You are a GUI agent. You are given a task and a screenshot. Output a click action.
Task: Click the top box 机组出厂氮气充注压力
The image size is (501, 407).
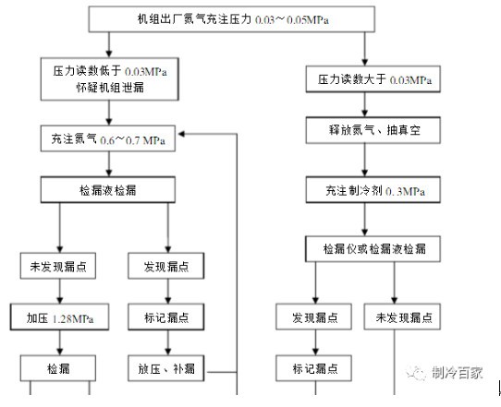pos(232,19)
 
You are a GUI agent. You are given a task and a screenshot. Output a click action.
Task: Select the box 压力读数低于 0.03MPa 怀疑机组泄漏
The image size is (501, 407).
pos(110,79)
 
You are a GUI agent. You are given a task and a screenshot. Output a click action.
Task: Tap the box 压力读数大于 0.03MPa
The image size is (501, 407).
pos(373,79)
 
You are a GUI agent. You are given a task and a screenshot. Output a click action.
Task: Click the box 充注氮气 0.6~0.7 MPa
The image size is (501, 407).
pos(108,138)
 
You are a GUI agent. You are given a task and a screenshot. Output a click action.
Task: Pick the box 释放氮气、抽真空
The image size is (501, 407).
pos(373,130)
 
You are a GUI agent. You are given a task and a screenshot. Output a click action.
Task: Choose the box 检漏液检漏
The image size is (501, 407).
pos(108,190)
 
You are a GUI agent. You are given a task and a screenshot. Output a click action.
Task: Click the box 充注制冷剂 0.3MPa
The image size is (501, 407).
pos(373,190)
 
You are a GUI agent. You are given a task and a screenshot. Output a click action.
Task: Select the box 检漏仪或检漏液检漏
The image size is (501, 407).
pos(373,249)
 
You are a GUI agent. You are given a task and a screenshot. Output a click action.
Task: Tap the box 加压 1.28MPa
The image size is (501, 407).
pos(59,317)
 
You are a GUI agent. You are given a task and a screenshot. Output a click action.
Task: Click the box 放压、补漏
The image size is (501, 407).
pos(166,368)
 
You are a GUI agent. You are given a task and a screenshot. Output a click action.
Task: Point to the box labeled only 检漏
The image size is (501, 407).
pos(58,368)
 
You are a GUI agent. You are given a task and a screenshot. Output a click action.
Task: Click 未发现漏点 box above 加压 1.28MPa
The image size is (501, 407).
pos(58,266)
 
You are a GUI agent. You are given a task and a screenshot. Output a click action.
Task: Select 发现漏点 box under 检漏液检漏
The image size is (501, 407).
pos(166,266)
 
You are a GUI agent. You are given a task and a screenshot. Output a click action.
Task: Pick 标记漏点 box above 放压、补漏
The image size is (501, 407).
pos(166,317)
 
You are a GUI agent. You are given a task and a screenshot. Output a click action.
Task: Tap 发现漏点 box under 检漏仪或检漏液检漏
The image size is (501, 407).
pos(313,317)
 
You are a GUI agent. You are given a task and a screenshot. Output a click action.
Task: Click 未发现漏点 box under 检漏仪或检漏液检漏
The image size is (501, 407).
pos(402,317)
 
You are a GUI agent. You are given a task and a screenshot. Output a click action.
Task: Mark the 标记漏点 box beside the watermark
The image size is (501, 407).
pos(313,368)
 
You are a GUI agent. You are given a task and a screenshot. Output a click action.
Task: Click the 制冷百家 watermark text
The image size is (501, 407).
pos(458,372)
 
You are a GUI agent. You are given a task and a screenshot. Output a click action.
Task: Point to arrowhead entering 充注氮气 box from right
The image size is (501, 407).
pos(181,135)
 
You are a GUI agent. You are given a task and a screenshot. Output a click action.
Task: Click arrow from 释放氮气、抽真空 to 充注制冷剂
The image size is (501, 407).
pos(364,160)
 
